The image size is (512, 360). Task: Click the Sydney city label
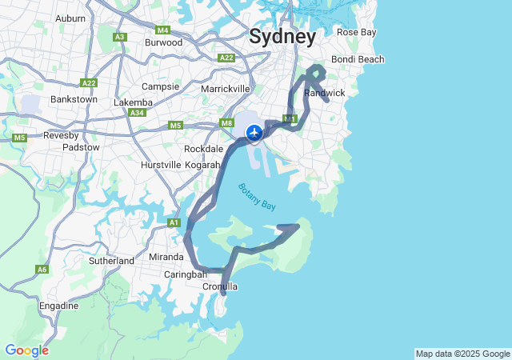282,36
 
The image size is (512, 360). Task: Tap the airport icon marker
254,132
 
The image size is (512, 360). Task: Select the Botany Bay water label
256,197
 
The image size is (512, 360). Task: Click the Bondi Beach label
358,59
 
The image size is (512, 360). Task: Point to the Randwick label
325,93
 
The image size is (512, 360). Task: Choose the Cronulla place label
220,286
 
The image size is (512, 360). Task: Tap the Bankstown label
74,99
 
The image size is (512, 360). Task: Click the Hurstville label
162,164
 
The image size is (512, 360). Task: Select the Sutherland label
112,261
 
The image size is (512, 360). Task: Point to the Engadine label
59,306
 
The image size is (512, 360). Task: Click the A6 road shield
42,270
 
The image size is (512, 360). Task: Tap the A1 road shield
174,222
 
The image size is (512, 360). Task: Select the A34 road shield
137,113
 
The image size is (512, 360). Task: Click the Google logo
26,350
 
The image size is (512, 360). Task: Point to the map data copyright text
462,354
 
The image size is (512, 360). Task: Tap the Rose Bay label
356,32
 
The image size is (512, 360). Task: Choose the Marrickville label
226,88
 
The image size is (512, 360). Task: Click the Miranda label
166,257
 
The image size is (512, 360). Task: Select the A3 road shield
120,37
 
